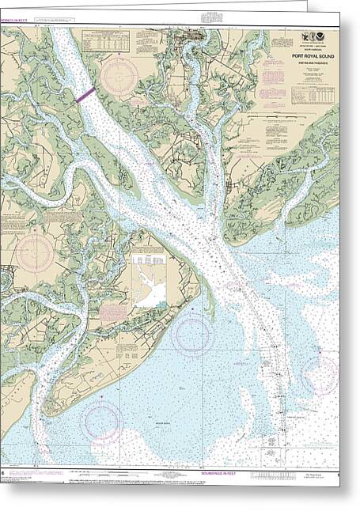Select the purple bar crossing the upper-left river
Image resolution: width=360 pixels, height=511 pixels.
[x=86, y=94]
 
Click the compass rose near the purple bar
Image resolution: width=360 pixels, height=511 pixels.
[x=119, y=77]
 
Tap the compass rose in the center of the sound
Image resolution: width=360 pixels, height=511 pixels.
[x=192, y=333]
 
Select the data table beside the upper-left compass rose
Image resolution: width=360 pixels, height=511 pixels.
[x=105, y=40]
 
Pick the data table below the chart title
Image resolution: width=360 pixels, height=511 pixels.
[x=312, y=95]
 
